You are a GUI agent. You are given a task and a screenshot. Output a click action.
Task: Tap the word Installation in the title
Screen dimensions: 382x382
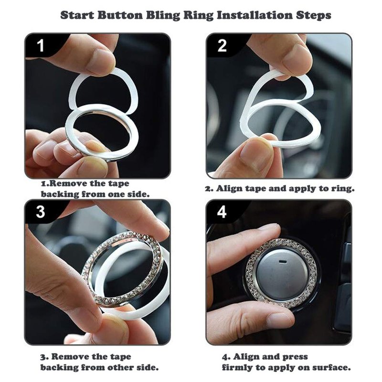[x=255, y=15]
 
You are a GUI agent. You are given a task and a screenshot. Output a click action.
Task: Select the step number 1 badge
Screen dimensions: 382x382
[x=41, y=45]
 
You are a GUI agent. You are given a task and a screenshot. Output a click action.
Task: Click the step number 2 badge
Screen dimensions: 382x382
[x=222, y=45]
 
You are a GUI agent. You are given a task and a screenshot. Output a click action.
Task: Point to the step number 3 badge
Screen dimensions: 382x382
[x=41, y=212]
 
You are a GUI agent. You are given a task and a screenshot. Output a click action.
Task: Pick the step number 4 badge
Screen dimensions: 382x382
[x=222, y=212]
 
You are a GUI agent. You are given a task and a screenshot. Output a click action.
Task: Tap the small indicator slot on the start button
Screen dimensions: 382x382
[x=283, y=262]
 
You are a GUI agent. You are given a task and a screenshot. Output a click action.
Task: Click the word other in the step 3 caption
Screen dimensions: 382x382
[x=120, y=367]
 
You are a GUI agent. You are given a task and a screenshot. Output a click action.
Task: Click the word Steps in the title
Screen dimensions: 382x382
[x=314, y=16]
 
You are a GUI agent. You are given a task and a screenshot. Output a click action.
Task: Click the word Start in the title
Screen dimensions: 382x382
[x=77, y=15]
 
